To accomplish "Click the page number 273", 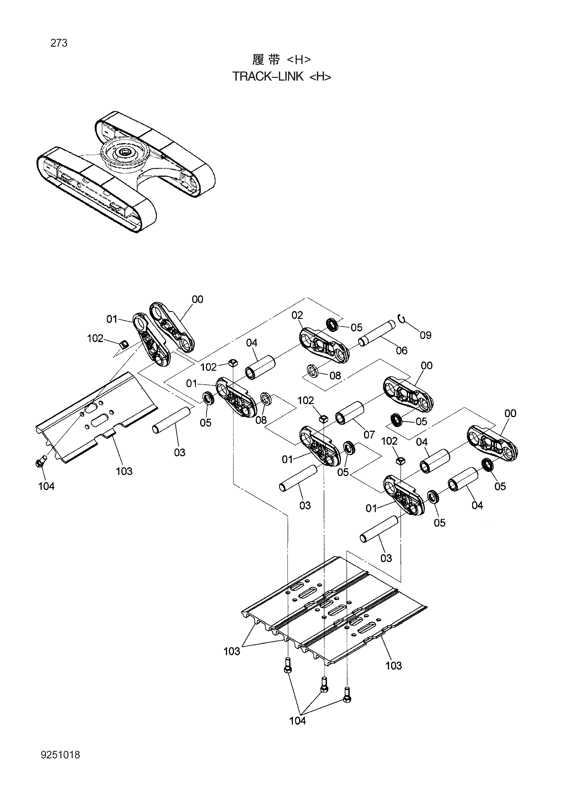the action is tap(59, 43).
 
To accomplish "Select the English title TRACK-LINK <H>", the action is tap(281, 76).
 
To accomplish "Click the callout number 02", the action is tap(297, 315).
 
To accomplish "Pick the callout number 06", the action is tap(401, 350).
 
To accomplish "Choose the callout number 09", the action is tap(426, 335).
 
